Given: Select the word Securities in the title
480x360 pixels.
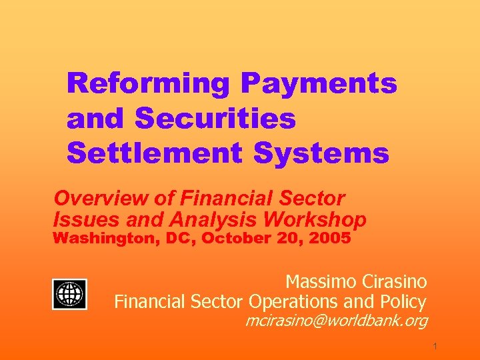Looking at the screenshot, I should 215,119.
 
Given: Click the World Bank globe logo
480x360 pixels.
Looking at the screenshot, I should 70,293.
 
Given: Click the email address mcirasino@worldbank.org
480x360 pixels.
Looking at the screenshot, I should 336,322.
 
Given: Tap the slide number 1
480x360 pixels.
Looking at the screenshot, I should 434,347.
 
